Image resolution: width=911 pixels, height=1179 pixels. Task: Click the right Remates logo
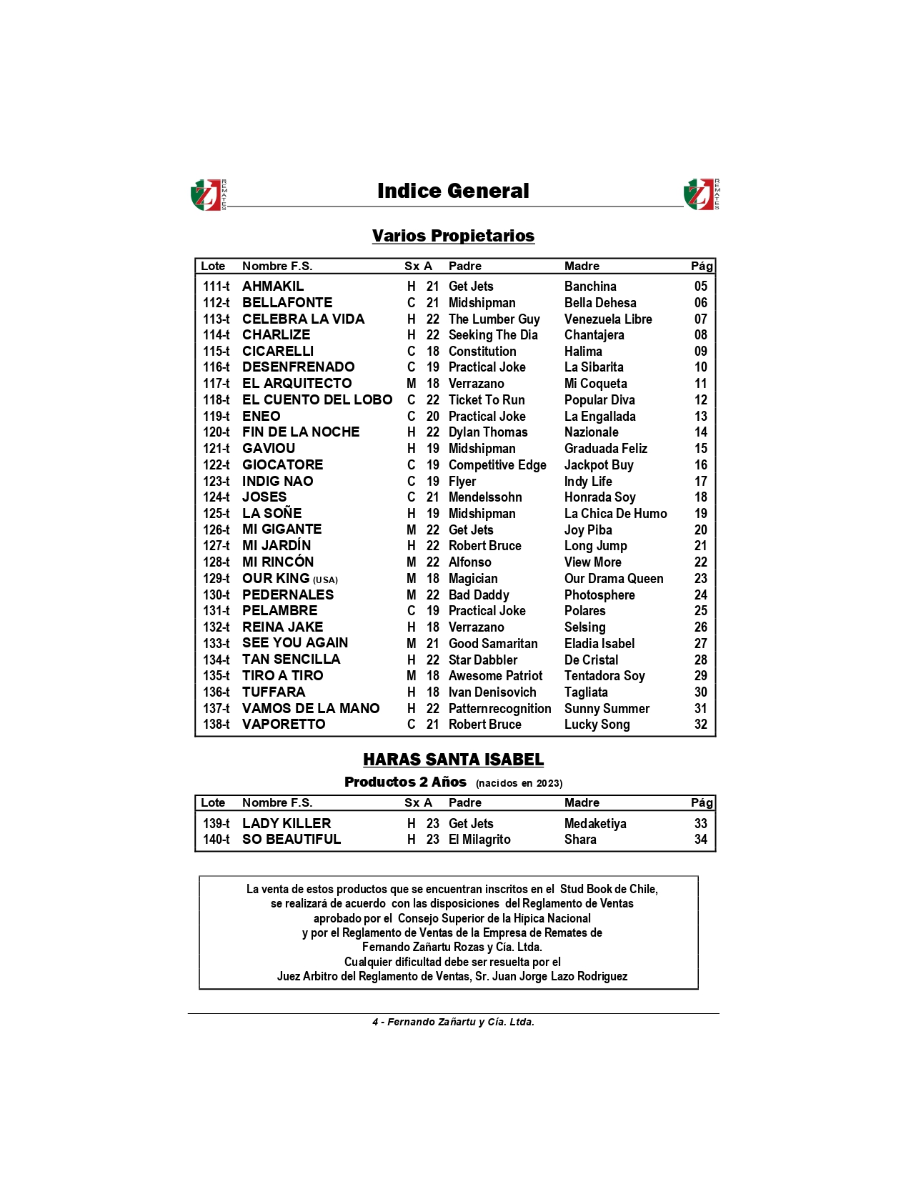click(x=701, y=194)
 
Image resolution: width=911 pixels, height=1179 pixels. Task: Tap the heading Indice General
click(x=453, y=191)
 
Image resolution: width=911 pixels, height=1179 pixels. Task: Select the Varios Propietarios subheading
click(x=453, y=236)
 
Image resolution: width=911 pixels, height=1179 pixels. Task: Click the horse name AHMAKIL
click(x=273, y=286)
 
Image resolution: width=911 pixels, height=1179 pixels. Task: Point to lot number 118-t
click(x=216, y=400)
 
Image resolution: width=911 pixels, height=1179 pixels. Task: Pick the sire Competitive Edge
click(x=497, y=465)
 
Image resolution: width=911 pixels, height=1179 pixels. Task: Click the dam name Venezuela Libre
click(x=608, y=319)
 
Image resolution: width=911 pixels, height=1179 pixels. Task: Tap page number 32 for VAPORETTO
click(x=700, y=725)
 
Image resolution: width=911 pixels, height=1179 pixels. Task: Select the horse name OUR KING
click(x=276, y=578)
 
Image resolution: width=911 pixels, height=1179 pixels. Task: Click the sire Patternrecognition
click(x=499, y=708)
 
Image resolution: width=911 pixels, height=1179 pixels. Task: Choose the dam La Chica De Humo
click(x=615, y=514)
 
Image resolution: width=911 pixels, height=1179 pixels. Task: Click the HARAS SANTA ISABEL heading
click(x=453, y=760)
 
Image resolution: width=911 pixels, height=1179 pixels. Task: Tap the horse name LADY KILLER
click(x=287, y=823)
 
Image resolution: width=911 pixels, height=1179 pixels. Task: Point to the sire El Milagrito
click(x=479, y=840)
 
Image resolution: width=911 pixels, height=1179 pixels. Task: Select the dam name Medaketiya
click(x=595, y=823)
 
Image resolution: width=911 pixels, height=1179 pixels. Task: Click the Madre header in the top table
click(x=582, y=266)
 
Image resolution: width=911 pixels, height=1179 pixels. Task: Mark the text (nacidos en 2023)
click(x=519, y=783)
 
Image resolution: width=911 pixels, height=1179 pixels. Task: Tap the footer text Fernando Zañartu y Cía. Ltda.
click(x=461, y=1022)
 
